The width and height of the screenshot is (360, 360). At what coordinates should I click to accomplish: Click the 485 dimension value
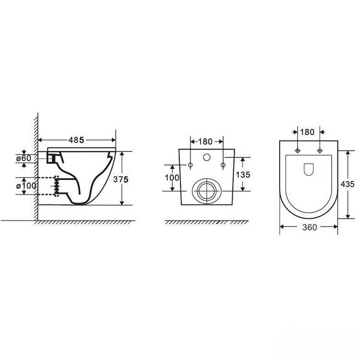(x=76, y=140)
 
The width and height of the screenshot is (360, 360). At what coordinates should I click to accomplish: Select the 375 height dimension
(x=121, y=180)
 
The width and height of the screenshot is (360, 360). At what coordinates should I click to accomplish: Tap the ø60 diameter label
(x=24, y=158)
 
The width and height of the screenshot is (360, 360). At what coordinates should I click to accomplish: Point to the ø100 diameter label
(x=26, y=186)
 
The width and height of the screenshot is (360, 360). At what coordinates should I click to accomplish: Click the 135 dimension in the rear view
(x=243, y=175)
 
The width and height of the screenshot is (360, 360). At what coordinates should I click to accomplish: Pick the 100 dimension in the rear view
(x=172, y=178)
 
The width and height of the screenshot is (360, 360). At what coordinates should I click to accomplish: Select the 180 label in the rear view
(x=205, y=142)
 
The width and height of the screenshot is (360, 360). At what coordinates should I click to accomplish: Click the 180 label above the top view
(x=307, y=132)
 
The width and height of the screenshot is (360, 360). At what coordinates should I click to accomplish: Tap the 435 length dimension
(x=348, y=184)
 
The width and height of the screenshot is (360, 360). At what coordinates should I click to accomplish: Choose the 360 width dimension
(x=310, y=228)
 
